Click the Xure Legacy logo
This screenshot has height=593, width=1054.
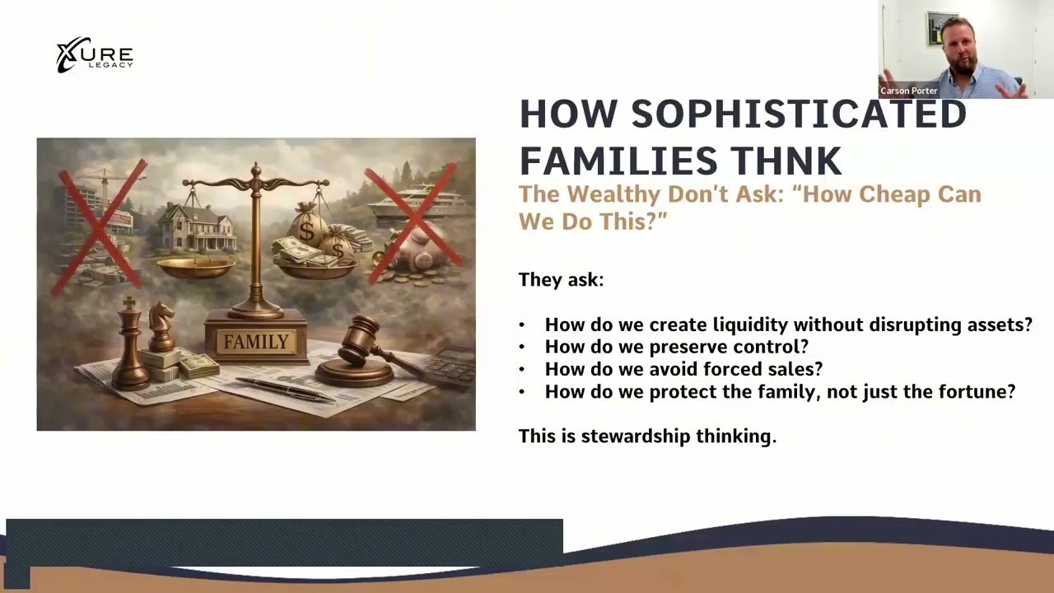pos(94,55)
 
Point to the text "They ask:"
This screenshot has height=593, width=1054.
pos(561,279)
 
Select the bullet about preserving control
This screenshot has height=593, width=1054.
pos(676,347)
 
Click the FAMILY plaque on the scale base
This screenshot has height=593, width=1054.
pos(256,341)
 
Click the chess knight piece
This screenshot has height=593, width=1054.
pos(161,325)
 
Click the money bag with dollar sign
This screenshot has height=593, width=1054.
pos(308,227)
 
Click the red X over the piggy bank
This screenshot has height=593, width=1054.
pos(411,222)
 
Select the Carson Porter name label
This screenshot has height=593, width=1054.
pos(909,91)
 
